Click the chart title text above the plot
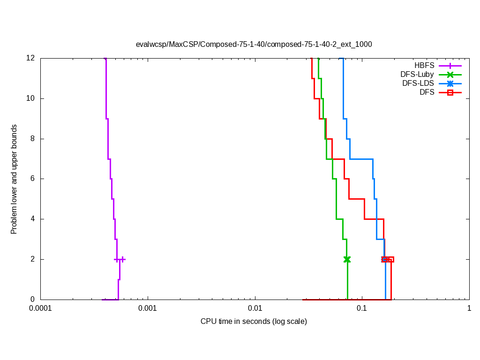point(254,45)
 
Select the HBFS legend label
point(424,65)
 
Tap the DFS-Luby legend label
point(417,74)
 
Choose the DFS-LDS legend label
point(418,83)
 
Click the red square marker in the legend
point(450,93)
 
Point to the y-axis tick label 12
point(31,59)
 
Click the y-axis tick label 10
point(31,98)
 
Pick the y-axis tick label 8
point(33,139)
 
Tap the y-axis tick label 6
point(33,179)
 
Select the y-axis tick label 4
point(33,219)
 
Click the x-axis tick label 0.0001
point(40,309)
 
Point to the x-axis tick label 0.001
point(148,309)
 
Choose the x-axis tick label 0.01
point(255,309)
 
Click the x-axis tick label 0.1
point(362,309)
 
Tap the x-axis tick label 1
point(469,309)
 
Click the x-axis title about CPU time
point(254,322)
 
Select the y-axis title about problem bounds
point(14,179)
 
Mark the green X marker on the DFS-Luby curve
point(347,259)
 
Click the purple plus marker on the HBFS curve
point(120,259)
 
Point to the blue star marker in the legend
point(450,83)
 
